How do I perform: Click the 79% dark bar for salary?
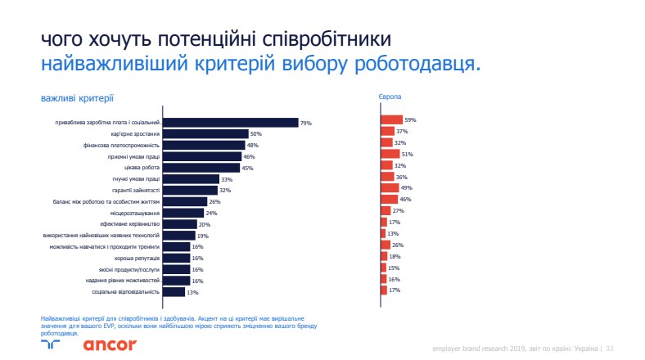[230, 123]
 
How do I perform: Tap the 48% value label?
[252, 146]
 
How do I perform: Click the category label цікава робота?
[141, 168]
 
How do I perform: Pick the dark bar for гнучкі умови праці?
[191, 179]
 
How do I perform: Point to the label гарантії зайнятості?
[134, 191]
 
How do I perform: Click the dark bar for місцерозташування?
[183, 213]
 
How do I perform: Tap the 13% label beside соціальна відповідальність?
[193, 291]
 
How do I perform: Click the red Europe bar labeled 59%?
[391, 120]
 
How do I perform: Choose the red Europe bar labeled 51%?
[390, 154]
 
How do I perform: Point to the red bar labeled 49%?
[390, 187]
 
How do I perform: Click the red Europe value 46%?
[405, 199]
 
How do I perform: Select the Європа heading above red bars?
[389, 97]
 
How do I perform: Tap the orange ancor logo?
[110, 344]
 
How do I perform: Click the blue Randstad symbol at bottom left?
[51, 344]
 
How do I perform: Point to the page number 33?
[610, 348]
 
